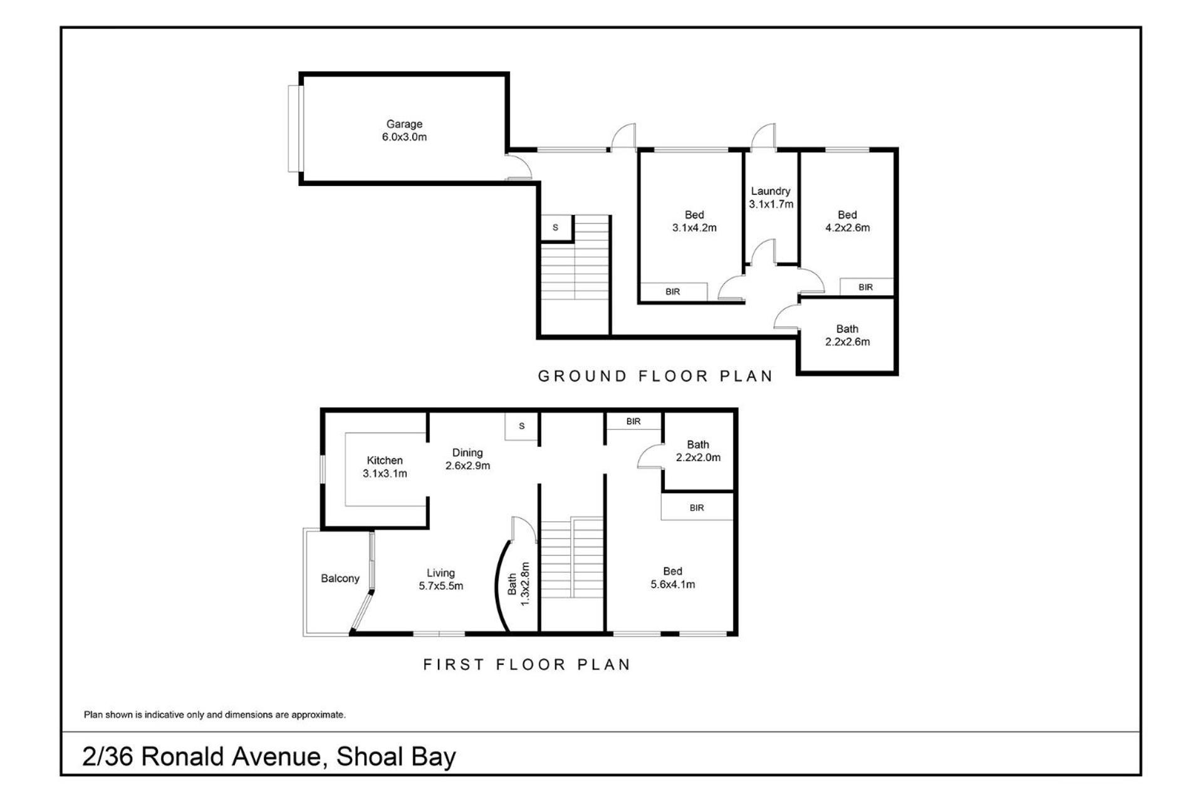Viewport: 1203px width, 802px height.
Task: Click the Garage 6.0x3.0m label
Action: click(404, 130)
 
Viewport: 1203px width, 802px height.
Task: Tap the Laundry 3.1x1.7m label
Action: click(771, 197)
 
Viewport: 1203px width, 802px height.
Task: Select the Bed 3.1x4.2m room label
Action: click(694, 221)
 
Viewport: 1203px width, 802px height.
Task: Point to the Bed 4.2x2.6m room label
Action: click(847, 221)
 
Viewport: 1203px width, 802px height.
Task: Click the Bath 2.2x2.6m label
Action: click(847, 335)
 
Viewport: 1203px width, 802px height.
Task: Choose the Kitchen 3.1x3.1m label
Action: click(385, 467)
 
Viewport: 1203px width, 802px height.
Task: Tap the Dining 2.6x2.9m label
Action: click(467, 459)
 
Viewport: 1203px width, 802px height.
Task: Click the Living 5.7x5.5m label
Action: click(441, 579)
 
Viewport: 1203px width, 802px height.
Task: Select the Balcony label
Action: click(340, 578)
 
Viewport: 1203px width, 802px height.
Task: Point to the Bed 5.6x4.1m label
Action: click(672, 578)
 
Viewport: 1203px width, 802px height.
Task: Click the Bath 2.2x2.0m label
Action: click(698, 450)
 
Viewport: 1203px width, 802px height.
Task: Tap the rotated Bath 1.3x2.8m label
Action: click(519, 583)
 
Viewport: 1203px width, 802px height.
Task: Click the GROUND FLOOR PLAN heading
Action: click(655, 376)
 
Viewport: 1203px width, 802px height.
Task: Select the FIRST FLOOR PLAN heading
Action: click(527, 664)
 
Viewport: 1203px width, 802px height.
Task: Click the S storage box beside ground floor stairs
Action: click(556, 228)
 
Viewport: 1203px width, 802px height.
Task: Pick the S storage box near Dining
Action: click(522, 426)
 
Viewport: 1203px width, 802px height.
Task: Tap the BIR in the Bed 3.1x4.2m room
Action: click(673, 291)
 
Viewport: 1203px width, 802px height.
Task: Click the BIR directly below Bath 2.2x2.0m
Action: click(697, 508)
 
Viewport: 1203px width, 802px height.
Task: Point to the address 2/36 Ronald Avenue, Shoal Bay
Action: click(269, 756)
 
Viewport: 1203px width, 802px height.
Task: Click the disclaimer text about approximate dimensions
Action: click(215, 714)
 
